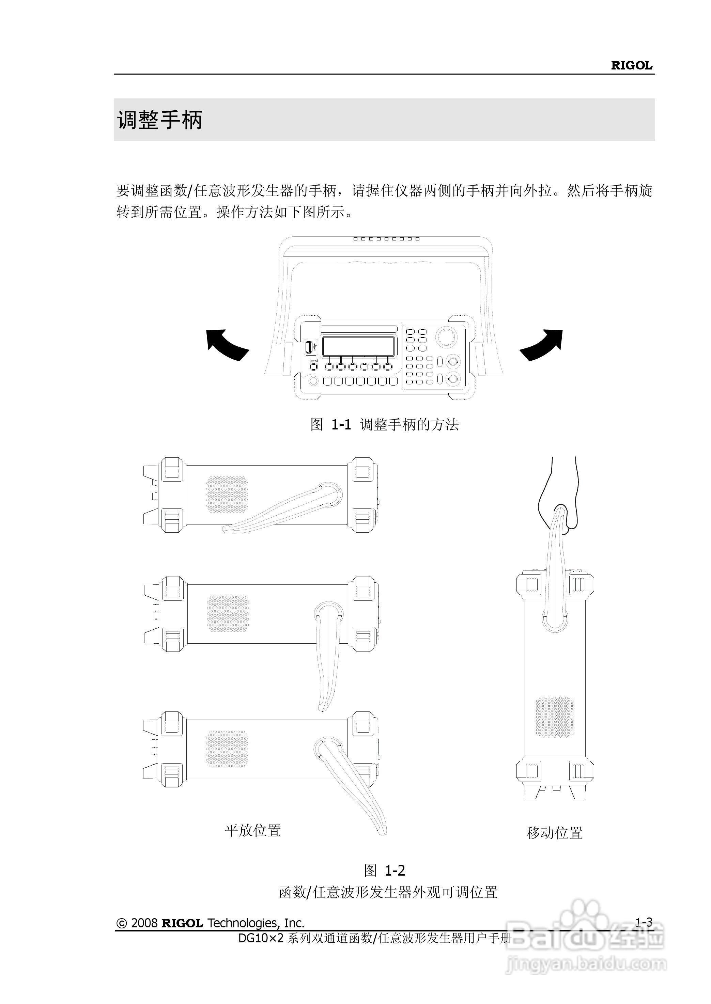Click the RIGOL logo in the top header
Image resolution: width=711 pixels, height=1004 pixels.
click(x=631, y=66)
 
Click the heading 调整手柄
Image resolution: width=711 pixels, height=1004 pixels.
click(x=159, y=120)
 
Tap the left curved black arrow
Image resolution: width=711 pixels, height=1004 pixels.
click(x=226, y=344)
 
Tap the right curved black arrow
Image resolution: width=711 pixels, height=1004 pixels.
click(x=542, y=344)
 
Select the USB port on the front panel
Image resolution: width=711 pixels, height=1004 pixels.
click(x=310, y=347)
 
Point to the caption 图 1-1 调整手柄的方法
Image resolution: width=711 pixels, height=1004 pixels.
click(x=384, y=424)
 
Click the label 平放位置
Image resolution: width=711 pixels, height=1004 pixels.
click(x=253, y=830)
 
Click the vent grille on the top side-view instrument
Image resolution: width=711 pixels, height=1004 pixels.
click(x=227, y=495)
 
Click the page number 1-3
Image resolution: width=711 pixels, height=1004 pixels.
click(x=644, y=923)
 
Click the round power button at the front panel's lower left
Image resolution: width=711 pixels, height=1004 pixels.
click(x=313, y=381)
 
